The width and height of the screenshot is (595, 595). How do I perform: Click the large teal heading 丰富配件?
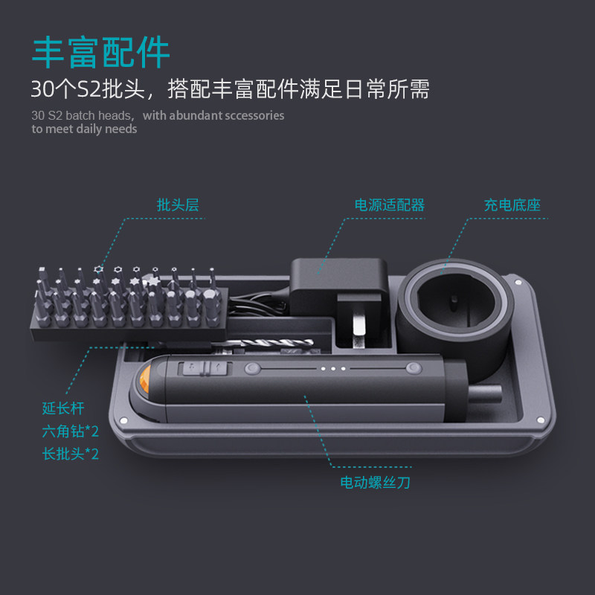click(x=100, y=52)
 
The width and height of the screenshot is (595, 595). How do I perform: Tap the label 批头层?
click(x=178, y=205)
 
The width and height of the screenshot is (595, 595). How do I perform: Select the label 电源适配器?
click(x=389, y=205)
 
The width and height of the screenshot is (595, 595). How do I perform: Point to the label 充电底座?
click(x=512, y=205)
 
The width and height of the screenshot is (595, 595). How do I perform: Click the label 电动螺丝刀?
click(x=375, y=482)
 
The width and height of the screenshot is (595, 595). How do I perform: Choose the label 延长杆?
click(x=63, y=408)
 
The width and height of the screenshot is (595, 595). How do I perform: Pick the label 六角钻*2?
click(x=70, y=431)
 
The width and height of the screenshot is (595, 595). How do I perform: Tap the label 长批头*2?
click(x=70, y=454)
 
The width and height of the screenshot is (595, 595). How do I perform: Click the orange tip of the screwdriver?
click(x=145, y=379)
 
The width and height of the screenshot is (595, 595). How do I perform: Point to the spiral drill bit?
click(x=266, y=343)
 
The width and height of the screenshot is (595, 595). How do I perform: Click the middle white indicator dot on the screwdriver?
click(x=332, y=368)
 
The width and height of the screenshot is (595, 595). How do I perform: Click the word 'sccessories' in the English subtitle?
click(x=254, y=115)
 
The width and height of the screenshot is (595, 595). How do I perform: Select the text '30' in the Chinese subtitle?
click(x=42, y=89)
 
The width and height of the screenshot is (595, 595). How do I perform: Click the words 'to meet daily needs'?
click(x=84, y=129)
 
